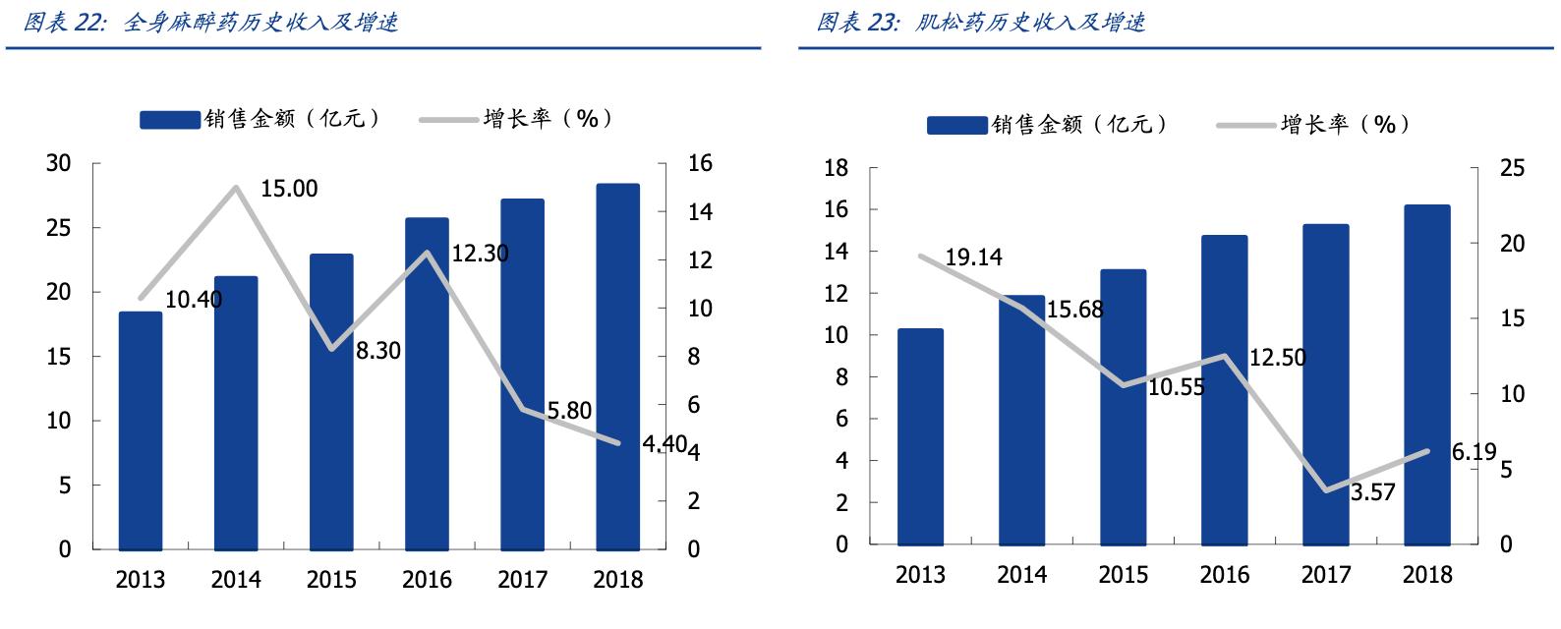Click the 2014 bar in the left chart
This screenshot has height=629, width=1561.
236,413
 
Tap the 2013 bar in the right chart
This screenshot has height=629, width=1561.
920,436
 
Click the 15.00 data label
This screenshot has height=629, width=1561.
289,189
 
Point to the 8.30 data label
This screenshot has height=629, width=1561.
378,351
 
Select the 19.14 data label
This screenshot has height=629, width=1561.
973,257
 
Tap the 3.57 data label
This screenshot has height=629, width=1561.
1372,492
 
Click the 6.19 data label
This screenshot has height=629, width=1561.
1474,452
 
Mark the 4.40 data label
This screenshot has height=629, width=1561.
665,444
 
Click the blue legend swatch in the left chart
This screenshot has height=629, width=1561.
170,120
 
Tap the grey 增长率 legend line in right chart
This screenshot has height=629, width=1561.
1245,126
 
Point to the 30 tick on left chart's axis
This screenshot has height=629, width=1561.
59,164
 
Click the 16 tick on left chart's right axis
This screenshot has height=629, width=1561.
699,164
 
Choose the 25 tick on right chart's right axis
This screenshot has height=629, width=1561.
1512,169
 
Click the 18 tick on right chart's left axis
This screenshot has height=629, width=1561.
836,169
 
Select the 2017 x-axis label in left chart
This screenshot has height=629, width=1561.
522,580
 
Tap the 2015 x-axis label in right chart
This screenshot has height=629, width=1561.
1123,575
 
